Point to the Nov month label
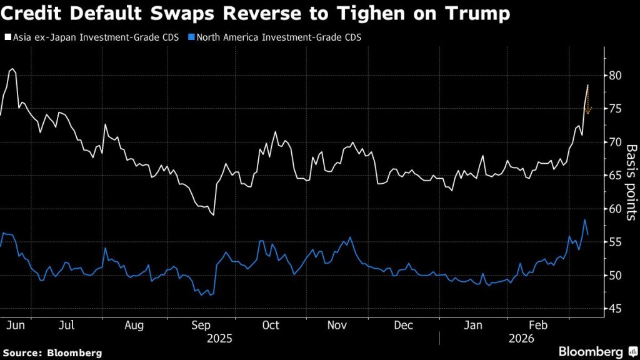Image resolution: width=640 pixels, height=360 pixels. (x=337, y=326)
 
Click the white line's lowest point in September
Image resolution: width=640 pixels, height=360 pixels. (x=214, y=215)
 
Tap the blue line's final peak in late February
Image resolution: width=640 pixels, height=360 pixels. (x=584, y=220)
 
